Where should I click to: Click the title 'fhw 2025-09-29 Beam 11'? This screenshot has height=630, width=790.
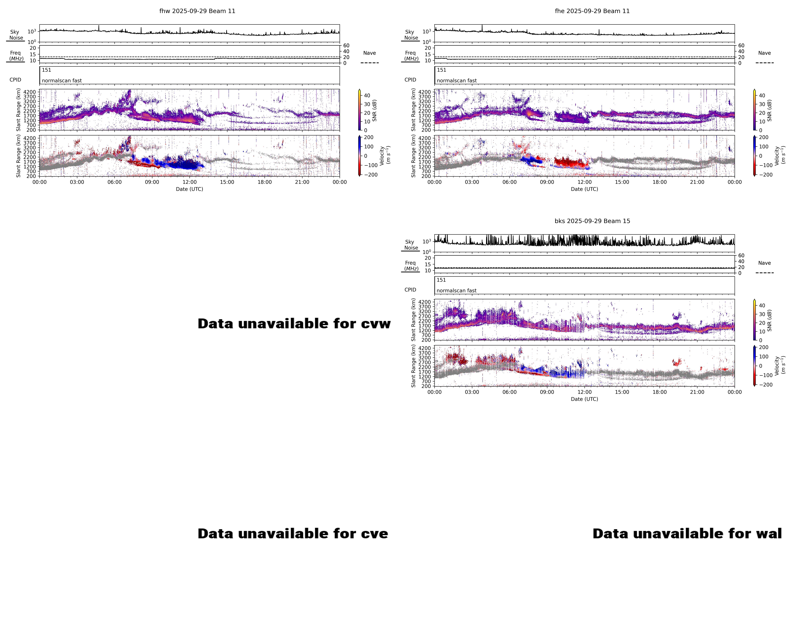197,11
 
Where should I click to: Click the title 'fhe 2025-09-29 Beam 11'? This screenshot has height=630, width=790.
592,11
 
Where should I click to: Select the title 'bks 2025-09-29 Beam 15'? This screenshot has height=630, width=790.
592,221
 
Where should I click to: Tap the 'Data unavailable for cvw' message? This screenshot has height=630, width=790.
294,323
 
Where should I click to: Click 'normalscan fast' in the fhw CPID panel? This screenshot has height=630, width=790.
62,81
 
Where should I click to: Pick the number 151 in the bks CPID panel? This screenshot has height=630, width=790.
441,280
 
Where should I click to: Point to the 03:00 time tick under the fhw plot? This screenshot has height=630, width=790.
77,182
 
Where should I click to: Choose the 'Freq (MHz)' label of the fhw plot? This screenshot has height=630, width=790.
16,56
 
